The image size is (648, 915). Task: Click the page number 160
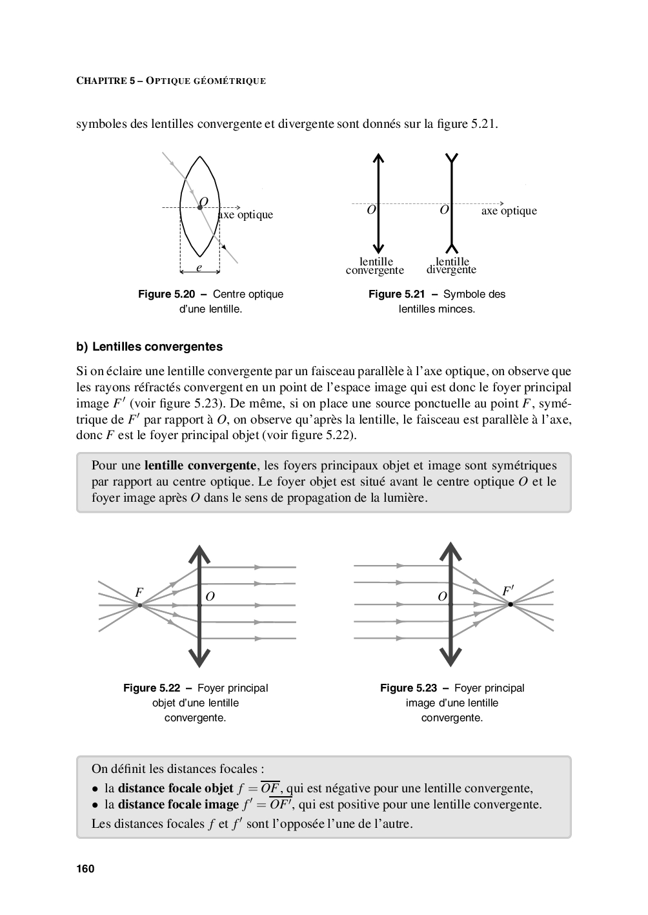[85, 869]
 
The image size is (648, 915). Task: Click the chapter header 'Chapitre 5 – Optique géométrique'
[171, 81]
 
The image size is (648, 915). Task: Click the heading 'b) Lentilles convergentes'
[149, 347]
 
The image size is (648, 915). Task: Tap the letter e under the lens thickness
[199, 267]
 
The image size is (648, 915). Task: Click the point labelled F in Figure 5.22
[139, 605]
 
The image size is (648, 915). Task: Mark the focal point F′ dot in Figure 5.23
[511, 604]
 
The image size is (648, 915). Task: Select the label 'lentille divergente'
[452, 266]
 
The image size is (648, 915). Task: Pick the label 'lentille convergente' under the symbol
[375, 266]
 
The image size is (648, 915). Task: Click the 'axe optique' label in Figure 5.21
[509, 211]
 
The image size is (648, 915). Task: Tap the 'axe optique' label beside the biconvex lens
[246, 215]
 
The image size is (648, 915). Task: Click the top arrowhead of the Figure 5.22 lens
[199, 554]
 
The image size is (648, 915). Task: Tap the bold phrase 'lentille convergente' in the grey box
[200, 466]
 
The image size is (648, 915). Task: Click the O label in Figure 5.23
[442, 597]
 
